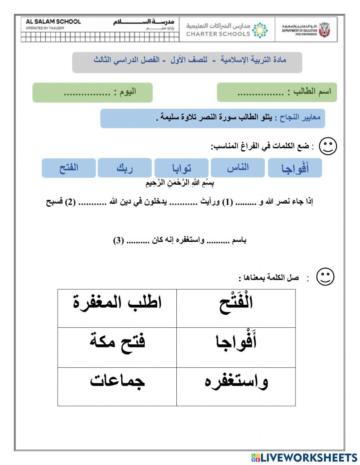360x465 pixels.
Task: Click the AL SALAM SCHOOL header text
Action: (53, 22)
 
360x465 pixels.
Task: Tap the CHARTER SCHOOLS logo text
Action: (218, 33)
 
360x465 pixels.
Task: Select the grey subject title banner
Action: (187, 62)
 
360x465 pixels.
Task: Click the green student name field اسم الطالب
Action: (276, 92)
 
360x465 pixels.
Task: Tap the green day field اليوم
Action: (93, 92)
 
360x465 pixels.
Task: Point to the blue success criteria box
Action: (212, 118)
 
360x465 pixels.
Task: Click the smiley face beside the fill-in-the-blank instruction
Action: (328, 146)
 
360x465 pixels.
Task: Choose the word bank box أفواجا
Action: (294, 168)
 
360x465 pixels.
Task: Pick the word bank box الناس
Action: (238, 167)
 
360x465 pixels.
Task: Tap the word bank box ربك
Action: (125, 168)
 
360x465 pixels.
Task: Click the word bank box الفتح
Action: (69, 168)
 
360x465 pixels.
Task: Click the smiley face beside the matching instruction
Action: (325, 277)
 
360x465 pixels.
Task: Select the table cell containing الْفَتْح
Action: (236, 308)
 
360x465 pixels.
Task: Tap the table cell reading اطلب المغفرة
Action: (117, 308)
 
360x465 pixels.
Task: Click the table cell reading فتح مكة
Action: (117, 347)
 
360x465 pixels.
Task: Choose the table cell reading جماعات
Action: (117, 386)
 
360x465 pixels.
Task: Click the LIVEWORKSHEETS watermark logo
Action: (304, 457)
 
